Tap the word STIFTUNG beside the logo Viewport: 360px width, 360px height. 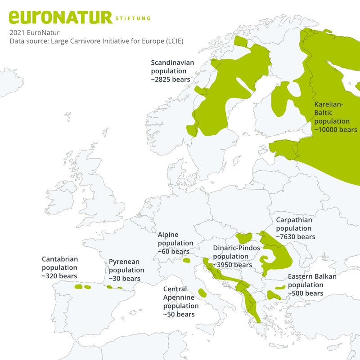(133, 18)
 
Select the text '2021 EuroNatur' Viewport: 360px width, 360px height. (35, 32)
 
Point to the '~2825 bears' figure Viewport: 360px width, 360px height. (171, 80)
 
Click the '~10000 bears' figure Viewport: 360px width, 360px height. (336, 129)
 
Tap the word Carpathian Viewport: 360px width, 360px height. (294, 220)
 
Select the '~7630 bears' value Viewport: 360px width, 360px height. (295, 236)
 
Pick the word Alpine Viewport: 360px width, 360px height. (168, 235)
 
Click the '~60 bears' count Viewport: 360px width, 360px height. (173, 251)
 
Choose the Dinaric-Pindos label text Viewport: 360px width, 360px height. (237, 248)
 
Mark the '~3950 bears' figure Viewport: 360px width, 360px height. (232, 265)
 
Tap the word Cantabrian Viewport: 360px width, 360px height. (60, 259)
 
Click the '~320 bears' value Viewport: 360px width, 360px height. (59, 276)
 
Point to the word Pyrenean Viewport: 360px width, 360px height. (124, 262)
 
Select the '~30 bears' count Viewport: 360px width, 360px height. (124, 279)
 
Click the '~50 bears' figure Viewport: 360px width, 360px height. (179, 314)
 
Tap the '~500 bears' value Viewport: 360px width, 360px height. (306, 293)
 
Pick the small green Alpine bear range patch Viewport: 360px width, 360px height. (187, 260)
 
